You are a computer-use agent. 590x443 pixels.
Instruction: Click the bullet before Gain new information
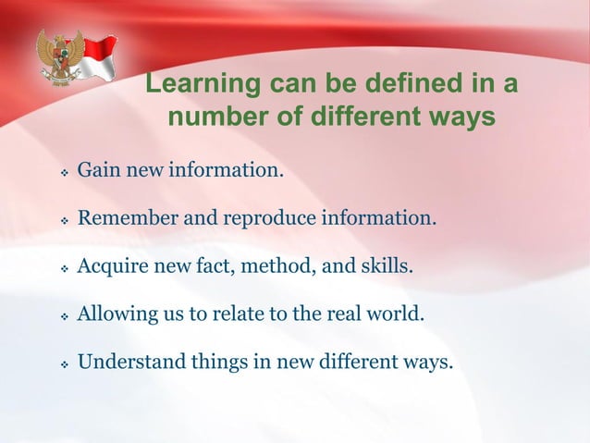tap(64, 173)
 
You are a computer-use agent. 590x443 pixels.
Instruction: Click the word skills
tap(387, 268)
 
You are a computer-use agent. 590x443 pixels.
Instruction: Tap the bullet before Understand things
tap(64, 363)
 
